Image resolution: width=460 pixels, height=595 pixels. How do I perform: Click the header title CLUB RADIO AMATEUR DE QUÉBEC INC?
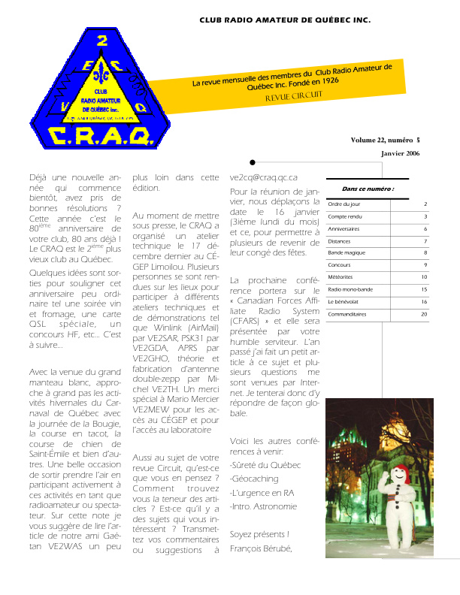pos(285,22)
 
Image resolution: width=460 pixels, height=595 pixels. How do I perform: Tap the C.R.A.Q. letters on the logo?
pos(101,135)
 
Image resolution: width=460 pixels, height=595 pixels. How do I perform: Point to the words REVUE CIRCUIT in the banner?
pos(293,95)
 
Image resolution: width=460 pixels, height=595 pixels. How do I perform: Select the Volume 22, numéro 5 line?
pos(385,140)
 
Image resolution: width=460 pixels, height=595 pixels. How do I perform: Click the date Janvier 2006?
pos(400,154)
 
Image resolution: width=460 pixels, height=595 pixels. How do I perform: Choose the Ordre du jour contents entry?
pos(344,204)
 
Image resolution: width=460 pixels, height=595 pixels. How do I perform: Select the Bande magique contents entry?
pos(347,252)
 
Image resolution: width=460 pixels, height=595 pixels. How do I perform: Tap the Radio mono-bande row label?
pos(350,289)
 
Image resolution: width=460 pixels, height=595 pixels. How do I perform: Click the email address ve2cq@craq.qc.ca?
pos(264,178)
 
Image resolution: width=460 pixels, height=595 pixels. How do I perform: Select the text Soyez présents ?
pos(259,534)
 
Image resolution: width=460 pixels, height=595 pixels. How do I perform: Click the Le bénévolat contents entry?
pos(343,301)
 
